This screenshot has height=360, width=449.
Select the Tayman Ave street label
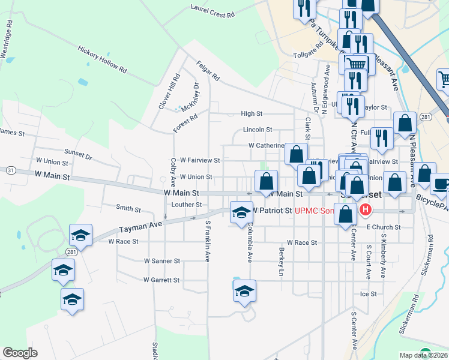(140, 226)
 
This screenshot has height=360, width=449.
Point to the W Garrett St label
(161, 280)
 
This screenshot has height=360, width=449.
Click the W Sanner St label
(162, 261)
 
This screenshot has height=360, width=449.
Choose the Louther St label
(187, 205)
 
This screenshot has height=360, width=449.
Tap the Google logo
(20, 353)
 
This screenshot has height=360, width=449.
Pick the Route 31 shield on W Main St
(11, 170)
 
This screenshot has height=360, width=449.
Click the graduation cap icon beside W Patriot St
(241, 212)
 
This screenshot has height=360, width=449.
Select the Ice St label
(368, 294)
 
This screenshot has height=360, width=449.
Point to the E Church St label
(383, 227)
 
